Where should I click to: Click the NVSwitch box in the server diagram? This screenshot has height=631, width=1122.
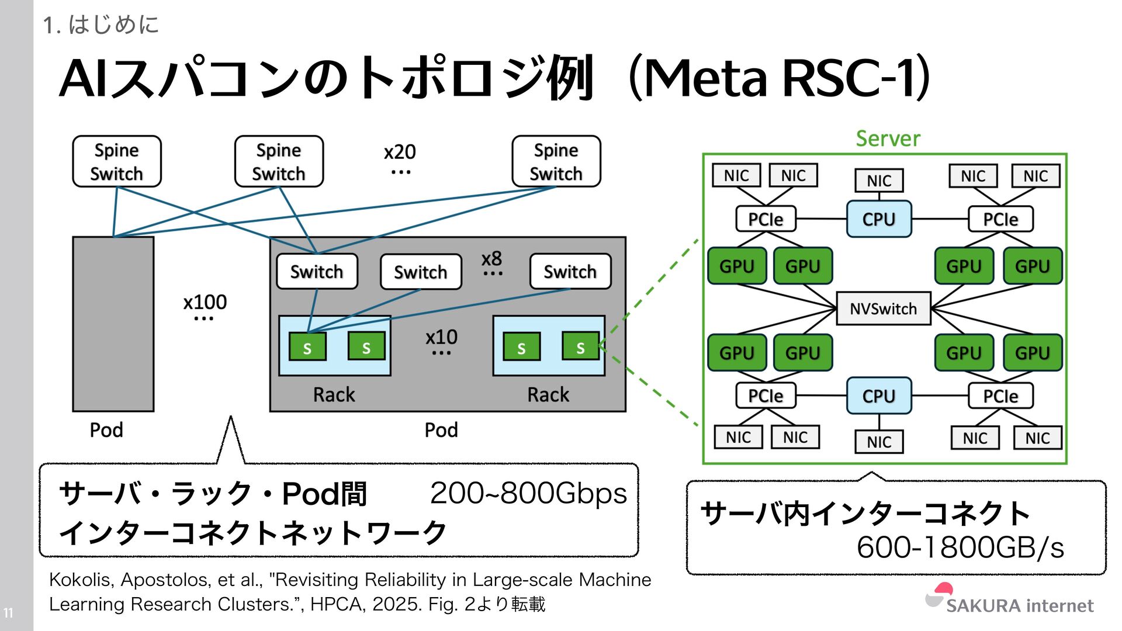point(883,308)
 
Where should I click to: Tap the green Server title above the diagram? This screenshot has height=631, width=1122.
point(888,138)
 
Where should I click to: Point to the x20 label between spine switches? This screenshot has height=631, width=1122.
point(400,152)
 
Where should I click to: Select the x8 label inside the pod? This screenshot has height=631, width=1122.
point(491,259)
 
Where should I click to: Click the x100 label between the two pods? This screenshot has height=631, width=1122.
point(205,302)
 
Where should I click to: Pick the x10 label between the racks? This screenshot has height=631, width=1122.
point(441,337)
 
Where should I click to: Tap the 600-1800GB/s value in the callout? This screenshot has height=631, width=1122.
point(960,547)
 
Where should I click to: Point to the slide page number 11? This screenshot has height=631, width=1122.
point(8,613)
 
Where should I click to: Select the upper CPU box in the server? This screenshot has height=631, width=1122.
point(879,219)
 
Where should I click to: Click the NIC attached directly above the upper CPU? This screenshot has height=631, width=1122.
point(879,181)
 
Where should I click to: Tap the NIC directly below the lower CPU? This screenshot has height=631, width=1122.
point(879,442)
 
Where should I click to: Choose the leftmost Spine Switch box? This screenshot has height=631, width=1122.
point(117,162)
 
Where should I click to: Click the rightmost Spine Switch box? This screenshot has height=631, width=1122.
point(556,162)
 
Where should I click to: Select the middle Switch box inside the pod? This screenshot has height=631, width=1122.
point(420,272)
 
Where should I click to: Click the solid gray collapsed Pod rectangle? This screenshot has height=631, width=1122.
point(113,324)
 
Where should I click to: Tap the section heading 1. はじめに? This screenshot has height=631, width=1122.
point(101,25)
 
